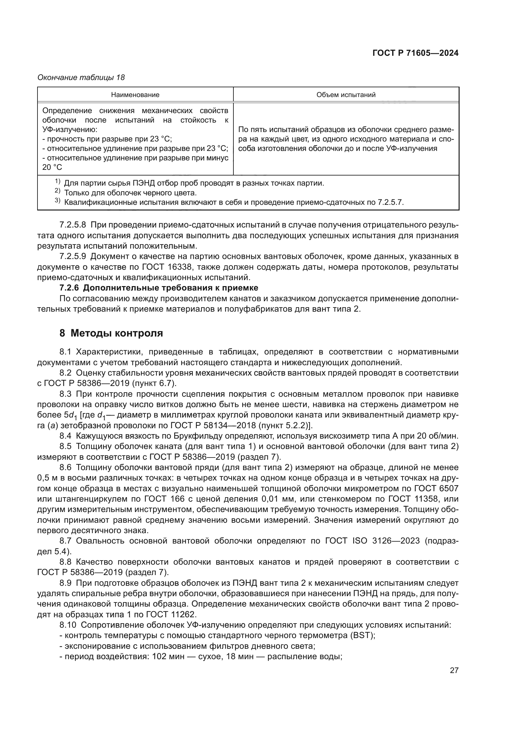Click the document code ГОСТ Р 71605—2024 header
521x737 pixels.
click(x=415, y=53)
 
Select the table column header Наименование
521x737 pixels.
click(x=135, y=95)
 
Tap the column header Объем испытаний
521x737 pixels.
click(x=346, y=95)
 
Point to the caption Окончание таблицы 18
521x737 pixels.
click(x=81, y=78)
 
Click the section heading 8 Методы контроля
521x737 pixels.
click(x=111, y=333)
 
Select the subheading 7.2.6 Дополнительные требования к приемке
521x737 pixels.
click(x=159, y=288)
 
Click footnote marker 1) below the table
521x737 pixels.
click(x=57, y=182)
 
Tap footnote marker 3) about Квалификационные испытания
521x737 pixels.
click(x=57, y=201)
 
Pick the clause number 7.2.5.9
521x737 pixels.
click(x=73, y=256)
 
